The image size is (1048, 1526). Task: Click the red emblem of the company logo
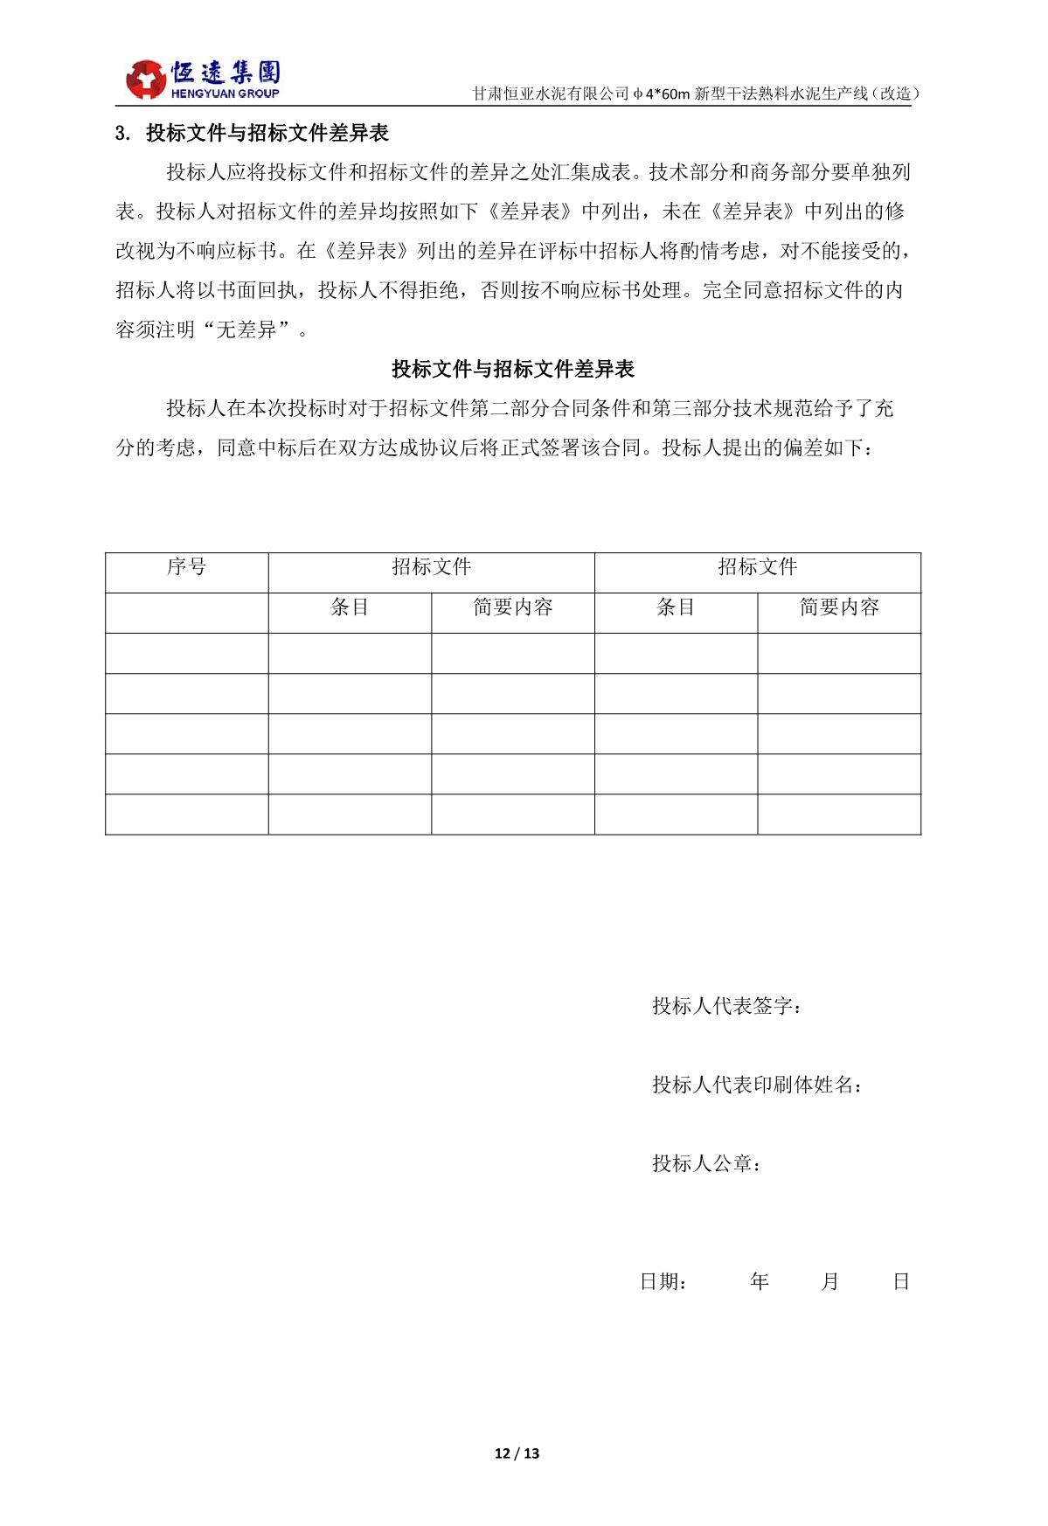146,80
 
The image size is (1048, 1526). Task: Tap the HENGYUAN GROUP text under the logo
226,94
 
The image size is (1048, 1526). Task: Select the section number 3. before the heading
123,134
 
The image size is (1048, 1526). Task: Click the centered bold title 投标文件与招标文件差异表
513,369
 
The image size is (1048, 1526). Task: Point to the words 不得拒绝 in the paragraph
432,290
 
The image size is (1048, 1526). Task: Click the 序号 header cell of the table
186,567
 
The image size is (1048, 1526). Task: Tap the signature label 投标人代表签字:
727,1006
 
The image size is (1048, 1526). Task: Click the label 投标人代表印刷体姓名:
758,1085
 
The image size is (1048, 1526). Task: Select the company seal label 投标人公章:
706,1163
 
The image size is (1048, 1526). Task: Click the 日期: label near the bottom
663,1282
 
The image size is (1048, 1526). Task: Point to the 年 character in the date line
759,1282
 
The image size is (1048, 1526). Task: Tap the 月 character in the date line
830,1282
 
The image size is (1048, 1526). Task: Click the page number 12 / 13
517,1453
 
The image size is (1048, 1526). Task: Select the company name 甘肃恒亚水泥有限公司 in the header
551,94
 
